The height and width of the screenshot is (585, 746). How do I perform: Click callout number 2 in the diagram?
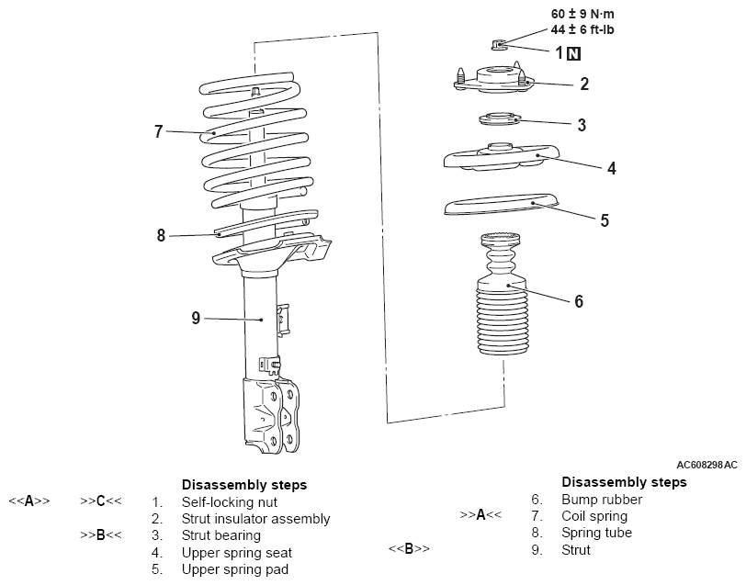click(584, 84)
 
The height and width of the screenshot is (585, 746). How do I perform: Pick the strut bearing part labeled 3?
click(497, 118)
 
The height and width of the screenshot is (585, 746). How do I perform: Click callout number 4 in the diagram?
click(584, 168)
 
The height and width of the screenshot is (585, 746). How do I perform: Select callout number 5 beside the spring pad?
click(604, 220)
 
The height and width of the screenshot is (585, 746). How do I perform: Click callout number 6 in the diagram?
click(578, 301)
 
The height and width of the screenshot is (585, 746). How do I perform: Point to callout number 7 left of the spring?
click(159, 132)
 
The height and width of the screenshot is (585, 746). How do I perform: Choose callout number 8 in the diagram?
click(162, 235)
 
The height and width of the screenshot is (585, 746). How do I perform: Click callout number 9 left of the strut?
click(196, 318)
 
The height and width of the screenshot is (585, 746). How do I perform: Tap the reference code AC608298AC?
click(706, 465)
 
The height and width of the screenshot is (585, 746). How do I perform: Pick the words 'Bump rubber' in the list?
click(601, 500)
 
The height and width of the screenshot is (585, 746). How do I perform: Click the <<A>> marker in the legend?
click(28, 501)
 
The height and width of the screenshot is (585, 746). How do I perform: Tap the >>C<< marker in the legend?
click(101, 501)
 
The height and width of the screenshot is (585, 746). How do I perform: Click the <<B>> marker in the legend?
click(409, 549)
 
